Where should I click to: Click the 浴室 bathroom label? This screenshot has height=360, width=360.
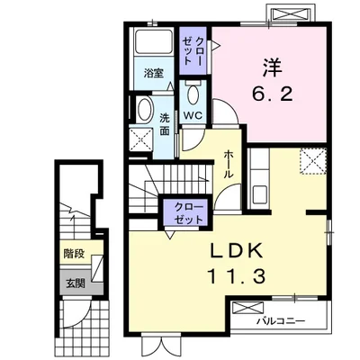pyautogui.click(x=154, y=73)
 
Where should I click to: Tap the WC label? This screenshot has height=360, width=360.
pyautogui.click(x=193, y=115)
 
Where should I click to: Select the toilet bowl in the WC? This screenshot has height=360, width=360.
pyautogui.click(x=193, y=94)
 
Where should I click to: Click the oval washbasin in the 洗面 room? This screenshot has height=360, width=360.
pyautogui.click(x=145, y=110)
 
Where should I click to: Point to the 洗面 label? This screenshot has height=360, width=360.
pyautogui.click(x=164, y=124)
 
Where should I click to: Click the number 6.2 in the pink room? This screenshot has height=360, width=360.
pyautogui.click(x=273, y=95)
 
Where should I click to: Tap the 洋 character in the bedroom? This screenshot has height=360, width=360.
pyautogui.click(x=273, y=67)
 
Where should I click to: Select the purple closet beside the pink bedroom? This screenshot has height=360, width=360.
pyautogui.click(x=193, y=50)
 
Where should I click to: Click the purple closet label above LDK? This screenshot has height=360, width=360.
pyautogui.click(x=189, y=213)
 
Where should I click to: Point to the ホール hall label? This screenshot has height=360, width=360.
pyautogui.click(x=229, y=165)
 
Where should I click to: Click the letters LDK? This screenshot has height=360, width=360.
pyautogui.click(x=236, y=251)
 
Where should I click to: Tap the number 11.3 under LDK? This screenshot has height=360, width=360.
pyautogui.click(x=236, y=276)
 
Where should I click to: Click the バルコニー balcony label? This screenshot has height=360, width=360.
pyautogui.click(x=280, y=322)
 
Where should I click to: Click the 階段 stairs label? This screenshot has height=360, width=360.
pyautogui.click(x=73, y=255)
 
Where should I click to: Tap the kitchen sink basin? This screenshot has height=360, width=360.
pyautogui.click(x=260, y=195)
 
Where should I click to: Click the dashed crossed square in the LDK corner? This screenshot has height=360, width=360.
pyautogui.click(x=313, y=161)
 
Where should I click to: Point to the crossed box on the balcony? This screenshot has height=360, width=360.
pyautogui.click(x=248, y=309)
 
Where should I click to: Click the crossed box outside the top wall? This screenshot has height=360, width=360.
pyautogui.click(x=289, y=13)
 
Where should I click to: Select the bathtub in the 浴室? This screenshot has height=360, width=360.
pyautogui.click(x=154, y=42)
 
